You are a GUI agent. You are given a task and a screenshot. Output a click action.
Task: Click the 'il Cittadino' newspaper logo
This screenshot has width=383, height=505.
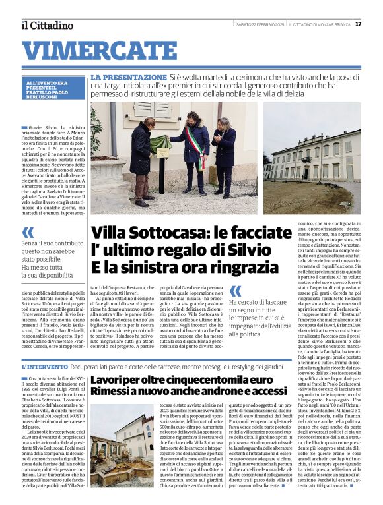pos(47,25)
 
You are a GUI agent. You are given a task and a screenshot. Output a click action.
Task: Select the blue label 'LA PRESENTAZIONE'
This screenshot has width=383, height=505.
pos(129,77)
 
